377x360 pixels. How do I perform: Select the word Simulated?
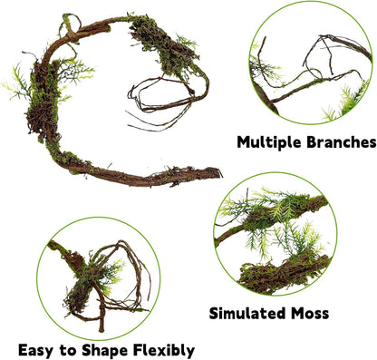[x=246, y=314]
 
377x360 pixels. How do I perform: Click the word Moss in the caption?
[x=309, y=314]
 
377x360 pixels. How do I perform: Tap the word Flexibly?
[x=163, y=349]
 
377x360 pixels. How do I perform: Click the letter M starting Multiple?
[x=244, y=142]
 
